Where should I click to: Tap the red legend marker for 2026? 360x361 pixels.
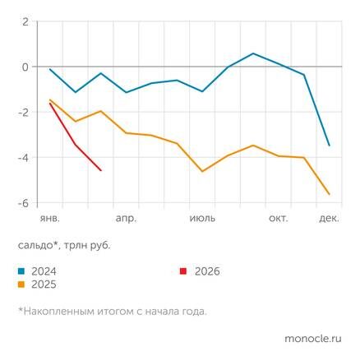pos(184,271)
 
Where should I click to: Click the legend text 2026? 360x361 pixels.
pos(207,271)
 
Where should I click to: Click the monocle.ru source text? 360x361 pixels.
pos(312,338)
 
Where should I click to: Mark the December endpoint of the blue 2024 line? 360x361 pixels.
pos(330,146)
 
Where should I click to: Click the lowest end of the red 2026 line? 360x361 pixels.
pos(100,170)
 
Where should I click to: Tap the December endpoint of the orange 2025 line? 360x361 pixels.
pos(330,194)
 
